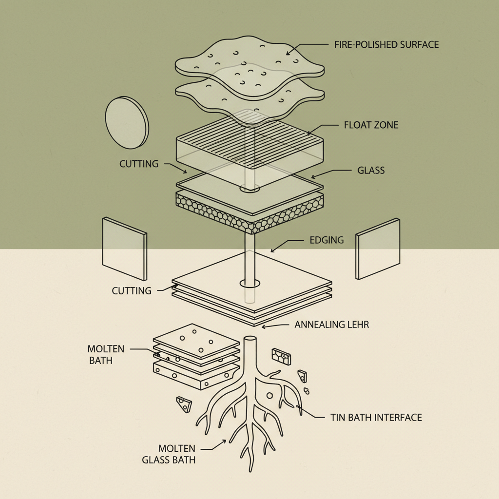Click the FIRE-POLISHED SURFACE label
(x=386, y=45)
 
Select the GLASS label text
(x=371, y=171)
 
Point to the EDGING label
(x=326, y=240)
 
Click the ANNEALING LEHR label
(x=332, y=325)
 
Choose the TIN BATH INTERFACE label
(x=376, y=418)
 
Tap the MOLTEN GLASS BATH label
(x=169, y=454)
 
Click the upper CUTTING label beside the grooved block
(x=139, y=164)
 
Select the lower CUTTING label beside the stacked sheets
(x=132, y=291)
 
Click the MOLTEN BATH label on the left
(x=106, y=354)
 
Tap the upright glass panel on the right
(x=378, y=249)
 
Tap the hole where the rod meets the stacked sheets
(x=249, y=283)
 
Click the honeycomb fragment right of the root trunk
(x=281, y=356)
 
